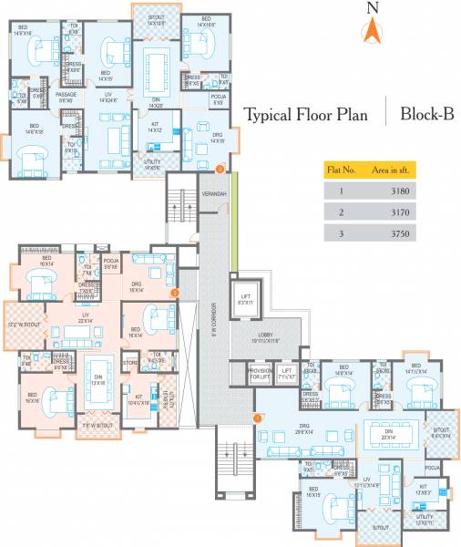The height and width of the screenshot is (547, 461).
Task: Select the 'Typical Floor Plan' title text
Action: (306, 115)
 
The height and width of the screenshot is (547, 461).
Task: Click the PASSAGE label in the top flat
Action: (66, 96)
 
